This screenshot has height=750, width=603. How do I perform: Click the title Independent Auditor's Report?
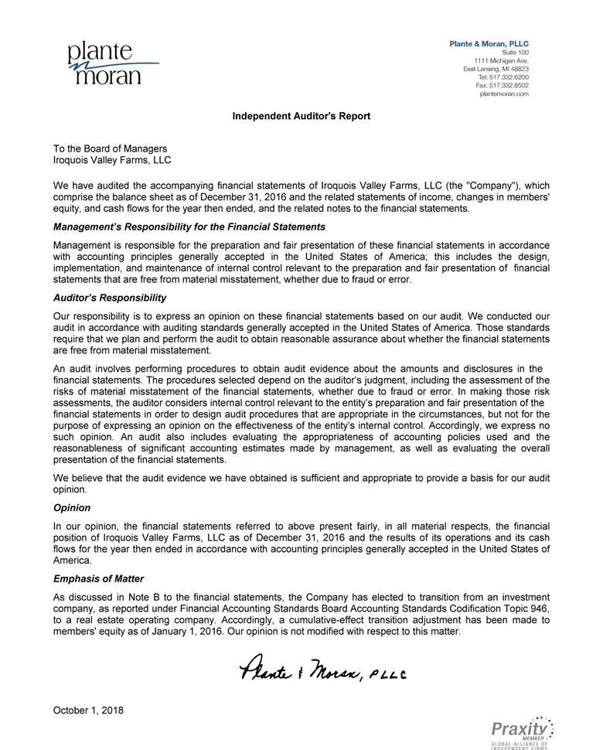(x=301, y=116)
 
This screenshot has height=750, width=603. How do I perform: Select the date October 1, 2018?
(x=88, y=710)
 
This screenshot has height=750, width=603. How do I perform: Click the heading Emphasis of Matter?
(x=98, y=578)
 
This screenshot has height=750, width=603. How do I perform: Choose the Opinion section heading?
(x=72, y=508)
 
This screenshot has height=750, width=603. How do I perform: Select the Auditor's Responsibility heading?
(x=110, y=298)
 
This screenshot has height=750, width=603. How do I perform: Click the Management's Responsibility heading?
(x=189, y=227)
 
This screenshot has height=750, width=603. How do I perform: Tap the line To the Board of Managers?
(x=110, y=148)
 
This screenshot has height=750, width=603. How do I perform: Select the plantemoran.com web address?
(x=504, y=94)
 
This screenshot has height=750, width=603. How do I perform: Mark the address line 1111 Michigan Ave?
(x=501, y=61)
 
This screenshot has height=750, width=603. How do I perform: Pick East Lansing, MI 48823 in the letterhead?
(x=496, y=69)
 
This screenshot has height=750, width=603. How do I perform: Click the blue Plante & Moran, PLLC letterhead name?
(x=489, y=44)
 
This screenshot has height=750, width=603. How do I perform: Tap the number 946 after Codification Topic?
(x=540, y=609)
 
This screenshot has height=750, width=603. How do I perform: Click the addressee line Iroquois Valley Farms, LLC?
(x=112, y=160)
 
